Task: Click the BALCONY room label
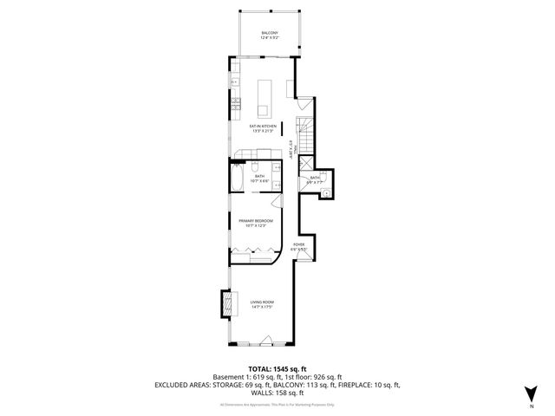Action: coord(270,33)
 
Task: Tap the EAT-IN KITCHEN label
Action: coord(264,127)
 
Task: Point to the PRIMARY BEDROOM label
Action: coord(257,221)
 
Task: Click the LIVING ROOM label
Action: coord(263,302)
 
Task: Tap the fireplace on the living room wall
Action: coord(226,303)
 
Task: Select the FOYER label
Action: coord(298,245)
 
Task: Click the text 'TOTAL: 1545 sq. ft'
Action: coord(277,368)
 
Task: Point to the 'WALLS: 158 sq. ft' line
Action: coord(277,392)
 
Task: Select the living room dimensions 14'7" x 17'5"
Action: coord(263,307)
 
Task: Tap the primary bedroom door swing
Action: coord(276,202)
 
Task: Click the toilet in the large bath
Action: coord(258,166)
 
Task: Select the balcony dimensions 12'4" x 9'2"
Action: coord(270,38)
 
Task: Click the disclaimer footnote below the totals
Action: coord(277,404)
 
